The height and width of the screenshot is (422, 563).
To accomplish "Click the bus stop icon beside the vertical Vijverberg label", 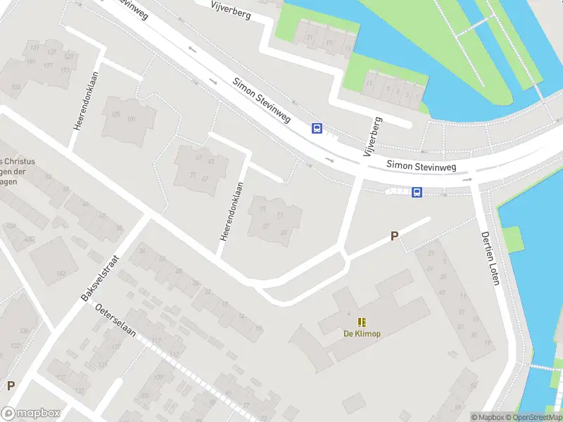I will click(x=317, y=128).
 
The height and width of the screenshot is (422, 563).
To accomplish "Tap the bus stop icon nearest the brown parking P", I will click(x=417, y=192).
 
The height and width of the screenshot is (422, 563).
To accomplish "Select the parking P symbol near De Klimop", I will click(x=394, y=237).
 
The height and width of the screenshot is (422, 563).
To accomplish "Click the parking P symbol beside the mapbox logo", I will click(x=11, y=385).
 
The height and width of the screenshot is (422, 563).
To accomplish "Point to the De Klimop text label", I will click(x=362, y=333).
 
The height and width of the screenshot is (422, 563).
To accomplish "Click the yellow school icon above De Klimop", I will click(x=362, y=322).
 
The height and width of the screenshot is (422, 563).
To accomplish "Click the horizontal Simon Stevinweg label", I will click(x=422, y=165).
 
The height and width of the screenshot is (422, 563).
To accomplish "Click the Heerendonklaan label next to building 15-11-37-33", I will click(x=231, y=212).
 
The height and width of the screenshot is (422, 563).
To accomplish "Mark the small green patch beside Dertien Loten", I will click(x=512, y=239).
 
